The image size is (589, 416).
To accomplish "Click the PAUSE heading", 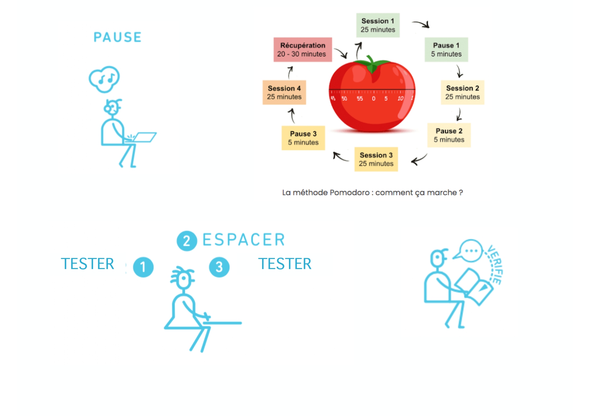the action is (x=117, y=37).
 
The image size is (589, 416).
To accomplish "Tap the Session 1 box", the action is (x=378, y=25).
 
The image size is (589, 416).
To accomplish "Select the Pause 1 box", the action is (x=446, y=50).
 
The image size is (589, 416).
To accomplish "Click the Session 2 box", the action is (x=462, y=92).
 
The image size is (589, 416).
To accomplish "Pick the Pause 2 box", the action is (x=449, y=135).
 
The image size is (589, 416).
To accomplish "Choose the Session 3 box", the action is (x=376, y=159).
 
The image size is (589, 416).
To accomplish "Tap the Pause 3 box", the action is (x=303, y=138).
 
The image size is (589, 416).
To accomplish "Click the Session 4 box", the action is (x=284, y=92).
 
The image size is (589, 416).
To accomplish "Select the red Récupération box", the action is (x=303, y=50).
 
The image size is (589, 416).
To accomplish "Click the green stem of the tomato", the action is (x=371, y=65).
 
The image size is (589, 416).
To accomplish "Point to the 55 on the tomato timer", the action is (x=360, y=99).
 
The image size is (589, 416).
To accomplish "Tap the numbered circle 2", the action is (x=187, y=241).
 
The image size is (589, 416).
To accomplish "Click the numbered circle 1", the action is (x=143, y=267).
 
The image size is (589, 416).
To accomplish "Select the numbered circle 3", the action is (x=219, y=267).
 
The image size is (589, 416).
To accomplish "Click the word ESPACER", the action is (x=244, y=240).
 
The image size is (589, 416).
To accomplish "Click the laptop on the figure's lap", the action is (x=143, y=138).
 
